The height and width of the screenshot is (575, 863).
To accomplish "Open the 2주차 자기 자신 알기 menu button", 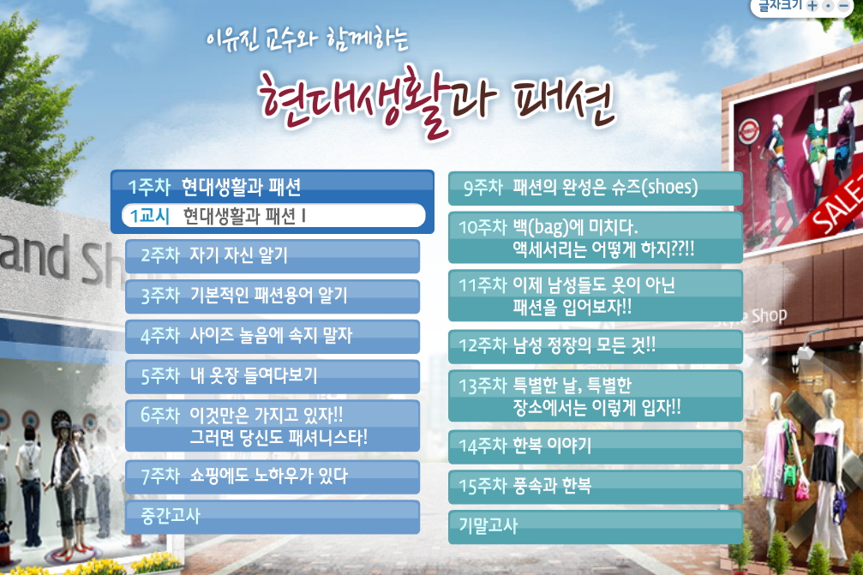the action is point(273,256).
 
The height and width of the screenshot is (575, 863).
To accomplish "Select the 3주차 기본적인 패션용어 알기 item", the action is point(273,296).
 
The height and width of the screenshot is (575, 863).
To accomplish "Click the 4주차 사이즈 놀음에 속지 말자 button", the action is point(273,336).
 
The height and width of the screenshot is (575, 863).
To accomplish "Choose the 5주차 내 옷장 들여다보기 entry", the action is point(273,376).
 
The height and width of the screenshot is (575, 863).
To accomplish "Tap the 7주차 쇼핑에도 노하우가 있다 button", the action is point(273,476).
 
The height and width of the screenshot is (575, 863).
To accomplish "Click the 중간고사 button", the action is point(273,517).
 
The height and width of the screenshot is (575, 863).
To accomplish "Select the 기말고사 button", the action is point(596,527).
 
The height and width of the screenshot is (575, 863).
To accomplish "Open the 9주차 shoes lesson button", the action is point(596,189).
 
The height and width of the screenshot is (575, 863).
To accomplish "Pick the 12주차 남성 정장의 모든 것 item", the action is point(596,347).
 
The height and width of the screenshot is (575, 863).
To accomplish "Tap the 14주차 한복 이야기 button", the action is point(596,446).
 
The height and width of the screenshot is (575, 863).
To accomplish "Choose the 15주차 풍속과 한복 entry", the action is point(596,487).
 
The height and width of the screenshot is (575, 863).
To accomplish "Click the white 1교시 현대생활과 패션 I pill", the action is point(273,216).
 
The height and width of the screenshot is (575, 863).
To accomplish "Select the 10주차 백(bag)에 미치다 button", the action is point(596,237).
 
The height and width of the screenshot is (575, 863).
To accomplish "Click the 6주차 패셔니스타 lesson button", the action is point(273,426).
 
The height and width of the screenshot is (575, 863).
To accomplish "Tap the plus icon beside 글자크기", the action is point(812,6).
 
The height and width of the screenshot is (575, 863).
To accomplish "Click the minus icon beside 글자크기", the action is point(844,6).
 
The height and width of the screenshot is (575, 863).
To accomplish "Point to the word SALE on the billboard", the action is point(836,205).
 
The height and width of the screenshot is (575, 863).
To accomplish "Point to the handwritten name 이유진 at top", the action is point(231,39).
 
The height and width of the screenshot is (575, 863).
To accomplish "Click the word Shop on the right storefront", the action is point(770,316).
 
